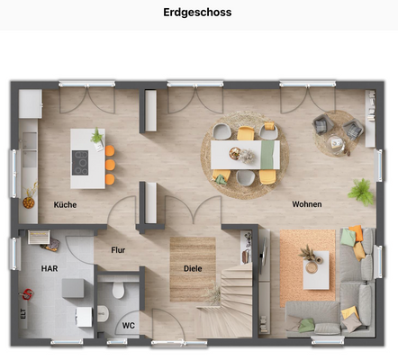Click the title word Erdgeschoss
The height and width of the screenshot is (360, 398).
click(x=197, y=13)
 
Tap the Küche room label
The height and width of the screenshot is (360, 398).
click(x=65, y=204)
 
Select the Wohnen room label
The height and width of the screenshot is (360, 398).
click(x=306, y=204)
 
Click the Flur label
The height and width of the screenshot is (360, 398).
click(x=118, y=251)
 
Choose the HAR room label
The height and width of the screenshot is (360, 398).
click(x=49, y=268)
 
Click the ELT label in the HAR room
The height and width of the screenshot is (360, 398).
click(x=23, y=314)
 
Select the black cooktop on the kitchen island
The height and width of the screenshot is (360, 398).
click(x=81, y=162)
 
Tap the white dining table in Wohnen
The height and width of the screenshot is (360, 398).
click(x=245, y=155)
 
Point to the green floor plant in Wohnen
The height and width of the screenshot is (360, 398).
click(x=362, y=190)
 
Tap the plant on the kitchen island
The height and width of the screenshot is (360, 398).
click(x=96, y=137)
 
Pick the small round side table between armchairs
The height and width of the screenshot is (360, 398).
click(x=336, y=141)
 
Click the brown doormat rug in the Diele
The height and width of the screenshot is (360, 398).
click(x=192, y=268)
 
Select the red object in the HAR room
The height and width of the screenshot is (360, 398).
click(x=28, y=293)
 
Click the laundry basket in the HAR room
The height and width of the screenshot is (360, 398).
click(x=38, y=238)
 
